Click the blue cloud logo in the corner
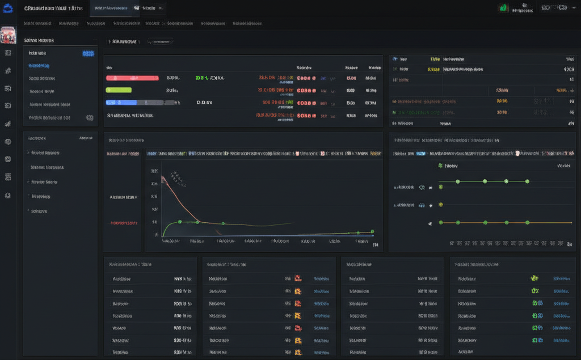[8, 8]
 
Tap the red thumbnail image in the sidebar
[8, 35]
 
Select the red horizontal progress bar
[132, 78]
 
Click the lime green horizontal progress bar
[119, 90]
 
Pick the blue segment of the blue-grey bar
[121, 103]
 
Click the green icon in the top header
[503, 8]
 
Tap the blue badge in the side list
[88, 53]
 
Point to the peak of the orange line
[163, 177]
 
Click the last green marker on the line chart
[372, 231]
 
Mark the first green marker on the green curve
[179, 222]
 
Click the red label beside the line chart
[124, 223]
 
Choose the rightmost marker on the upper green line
[527, 181]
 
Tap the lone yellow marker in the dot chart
[440, 204]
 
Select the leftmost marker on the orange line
[440, 223]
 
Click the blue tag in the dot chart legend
[420, 154]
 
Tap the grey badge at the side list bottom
[89, 118]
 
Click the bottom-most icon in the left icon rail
[8, 195]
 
